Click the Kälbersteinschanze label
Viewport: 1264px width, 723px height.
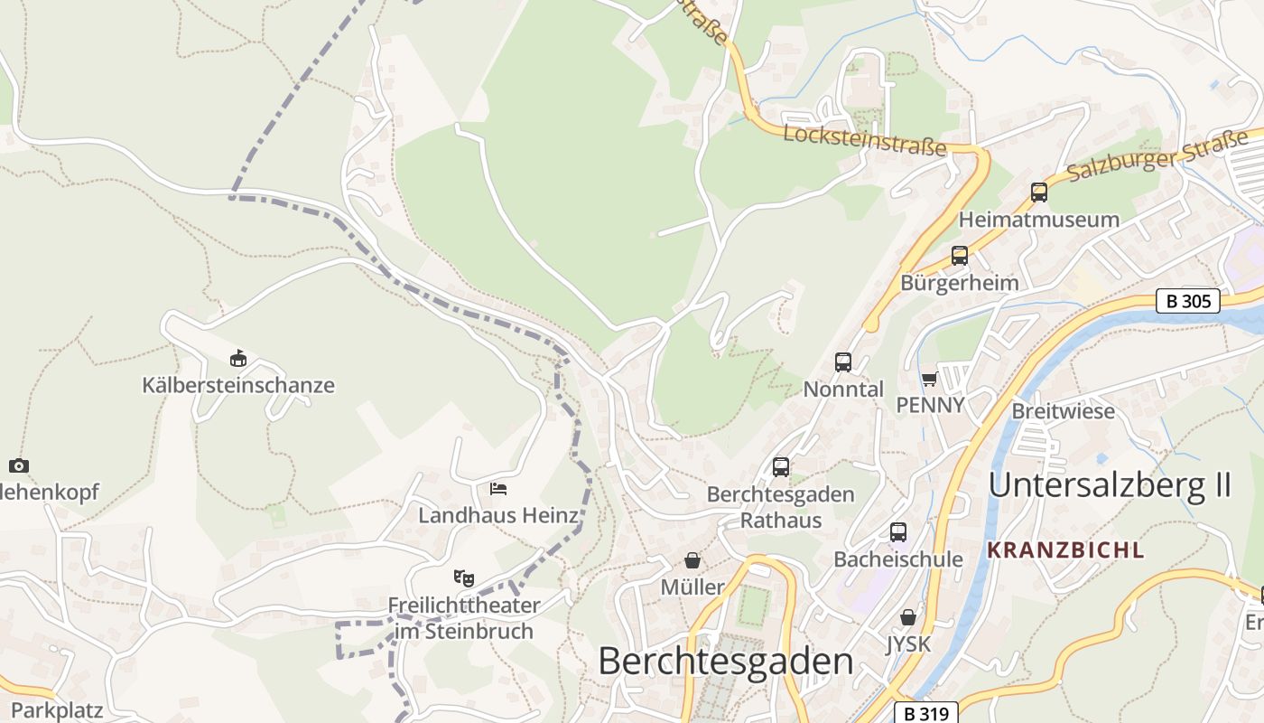238,385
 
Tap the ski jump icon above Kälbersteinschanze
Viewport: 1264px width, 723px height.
237,359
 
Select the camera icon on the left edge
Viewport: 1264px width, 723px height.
19,466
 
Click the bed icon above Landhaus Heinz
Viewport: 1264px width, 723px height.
498,489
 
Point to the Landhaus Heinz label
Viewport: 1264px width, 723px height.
498,515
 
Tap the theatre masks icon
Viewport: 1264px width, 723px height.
464,577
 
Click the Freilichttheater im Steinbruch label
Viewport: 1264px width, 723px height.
464,618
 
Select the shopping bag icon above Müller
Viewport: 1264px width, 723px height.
692,560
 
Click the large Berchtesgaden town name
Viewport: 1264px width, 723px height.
725,662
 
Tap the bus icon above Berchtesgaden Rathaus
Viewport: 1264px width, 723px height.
781,467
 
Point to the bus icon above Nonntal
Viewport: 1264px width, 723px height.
843,362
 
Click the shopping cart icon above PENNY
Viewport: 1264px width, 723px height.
930,379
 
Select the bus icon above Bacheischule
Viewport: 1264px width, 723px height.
898,532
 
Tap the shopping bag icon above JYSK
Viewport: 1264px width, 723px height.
908,617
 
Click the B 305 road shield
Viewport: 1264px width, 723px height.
1188,301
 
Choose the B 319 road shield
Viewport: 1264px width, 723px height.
926,713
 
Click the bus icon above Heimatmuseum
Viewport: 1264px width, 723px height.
1039,192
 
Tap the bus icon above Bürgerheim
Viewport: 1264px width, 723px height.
960,256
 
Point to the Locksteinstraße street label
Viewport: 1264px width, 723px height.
864,140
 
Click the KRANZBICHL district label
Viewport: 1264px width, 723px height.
1065,549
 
